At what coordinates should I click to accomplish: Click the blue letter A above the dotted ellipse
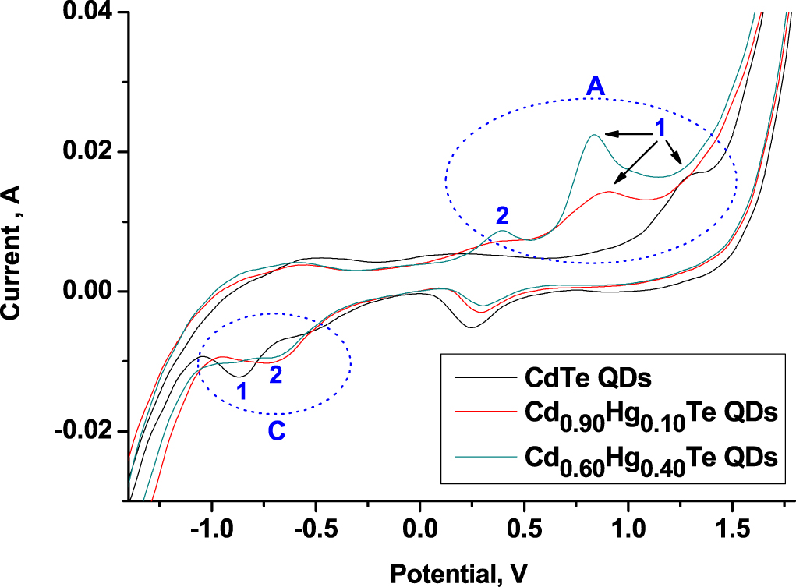click(596, 89)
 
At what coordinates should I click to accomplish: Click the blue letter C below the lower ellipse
click(277, 430)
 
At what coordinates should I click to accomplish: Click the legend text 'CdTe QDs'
click(585, 380)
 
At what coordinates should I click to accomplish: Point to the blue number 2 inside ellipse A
click(503, 214)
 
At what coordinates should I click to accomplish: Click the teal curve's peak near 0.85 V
click(594, 135)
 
